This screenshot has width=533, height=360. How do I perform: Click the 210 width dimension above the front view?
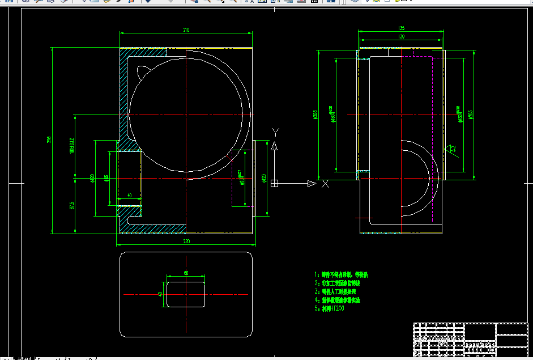point(186,29)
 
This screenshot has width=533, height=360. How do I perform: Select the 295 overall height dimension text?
point(49,139)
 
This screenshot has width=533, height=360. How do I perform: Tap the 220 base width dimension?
point(186,241)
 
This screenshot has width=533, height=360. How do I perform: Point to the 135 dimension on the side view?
point(401,28)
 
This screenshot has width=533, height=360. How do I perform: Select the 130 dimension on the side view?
point(401,37)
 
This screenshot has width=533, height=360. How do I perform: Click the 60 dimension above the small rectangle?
point(186,273)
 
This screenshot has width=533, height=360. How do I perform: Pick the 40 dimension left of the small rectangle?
point(160,294)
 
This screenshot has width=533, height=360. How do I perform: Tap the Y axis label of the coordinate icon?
point(275,132)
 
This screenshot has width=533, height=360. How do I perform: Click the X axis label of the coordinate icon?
point(325,184)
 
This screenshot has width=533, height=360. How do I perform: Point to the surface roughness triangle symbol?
point(451,149)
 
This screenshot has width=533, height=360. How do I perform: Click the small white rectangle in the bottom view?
point(186,294)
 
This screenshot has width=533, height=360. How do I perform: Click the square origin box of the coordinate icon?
point(275,183)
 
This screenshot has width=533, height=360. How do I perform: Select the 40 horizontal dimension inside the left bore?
point(129,195)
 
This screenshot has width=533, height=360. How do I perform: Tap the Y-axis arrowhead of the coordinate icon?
point(275,146)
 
